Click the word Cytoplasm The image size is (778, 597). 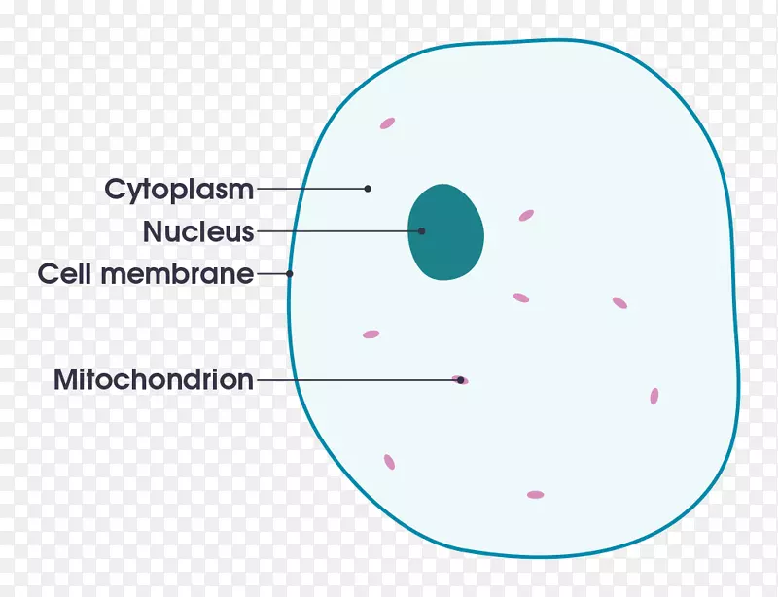coord(179,190)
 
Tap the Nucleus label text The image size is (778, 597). coord(198,231)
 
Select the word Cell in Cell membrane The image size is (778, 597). coord(64,273)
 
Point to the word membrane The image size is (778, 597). coord(177,273)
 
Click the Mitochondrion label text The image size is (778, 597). coord(154,379)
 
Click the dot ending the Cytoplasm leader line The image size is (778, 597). coord(368,189)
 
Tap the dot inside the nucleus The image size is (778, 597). coord(421,231)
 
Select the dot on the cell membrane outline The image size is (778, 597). coord(289,273)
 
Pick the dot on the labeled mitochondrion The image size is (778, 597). coord(460,380)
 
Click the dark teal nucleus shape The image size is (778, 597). coord(445,231)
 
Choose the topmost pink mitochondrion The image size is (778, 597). coord(387,123)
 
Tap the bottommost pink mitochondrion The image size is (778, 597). coord(536,495)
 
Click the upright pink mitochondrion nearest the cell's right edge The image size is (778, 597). coord(654,396)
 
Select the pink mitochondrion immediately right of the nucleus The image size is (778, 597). coord(526,216)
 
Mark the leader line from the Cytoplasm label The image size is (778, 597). coord(312,189)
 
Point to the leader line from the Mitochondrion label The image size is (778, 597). coord(359,380)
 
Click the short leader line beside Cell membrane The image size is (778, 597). coord(273,273)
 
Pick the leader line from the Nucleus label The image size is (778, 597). coord(338,231)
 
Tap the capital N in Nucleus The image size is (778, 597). coord(152,231)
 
